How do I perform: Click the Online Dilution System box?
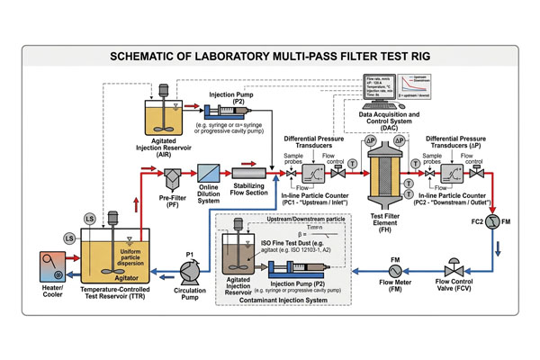209,170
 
